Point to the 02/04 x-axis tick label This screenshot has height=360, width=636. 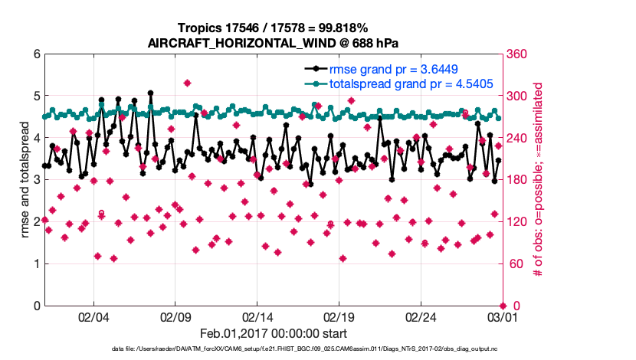click(93, 316)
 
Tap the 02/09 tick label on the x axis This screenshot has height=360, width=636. click(175, 316)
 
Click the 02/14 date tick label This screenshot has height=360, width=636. click(257, 316)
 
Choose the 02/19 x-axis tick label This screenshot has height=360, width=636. click(339, 316)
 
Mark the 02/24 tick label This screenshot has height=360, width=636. click(421, 316)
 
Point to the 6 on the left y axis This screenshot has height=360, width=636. click(36, 54)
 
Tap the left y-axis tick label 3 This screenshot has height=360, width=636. click(36, 180)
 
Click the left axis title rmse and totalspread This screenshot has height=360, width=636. click(25, 180)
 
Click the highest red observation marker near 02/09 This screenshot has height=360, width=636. click(188, 83)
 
